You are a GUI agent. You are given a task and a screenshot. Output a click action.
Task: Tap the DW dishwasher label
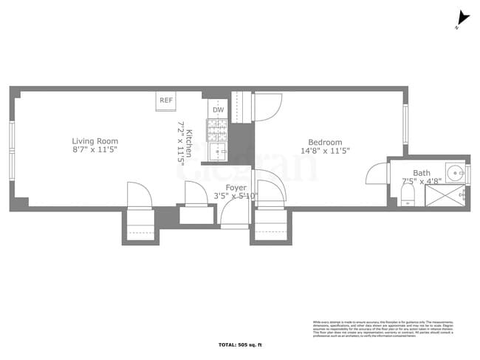tap(218, 110)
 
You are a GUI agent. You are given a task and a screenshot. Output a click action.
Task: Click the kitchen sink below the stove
tap(218, 152)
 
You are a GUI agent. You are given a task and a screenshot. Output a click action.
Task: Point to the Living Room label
tap(95, 141)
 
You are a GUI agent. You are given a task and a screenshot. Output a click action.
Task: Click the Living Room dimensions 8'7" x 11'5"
tap(95, 150)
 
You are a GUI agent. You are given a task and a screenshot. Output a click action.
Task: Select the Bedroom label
tap(325, 142)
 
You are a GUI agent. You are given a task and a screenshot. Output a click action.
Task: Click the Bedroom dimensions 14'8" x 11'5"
tap(325, 151)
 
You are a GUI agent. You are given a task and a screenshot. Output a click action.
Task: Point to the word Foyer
tap(236, 188)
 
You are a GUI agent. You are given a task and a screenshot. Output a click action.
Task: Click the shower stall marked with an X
tap(443, 196)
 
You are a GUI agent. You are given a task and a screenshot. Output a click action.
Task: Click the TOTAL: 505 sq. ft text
tap(241, 345)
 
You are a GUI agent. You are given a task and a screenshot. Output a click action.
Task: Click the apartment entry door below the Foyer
tap(236, 214)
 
